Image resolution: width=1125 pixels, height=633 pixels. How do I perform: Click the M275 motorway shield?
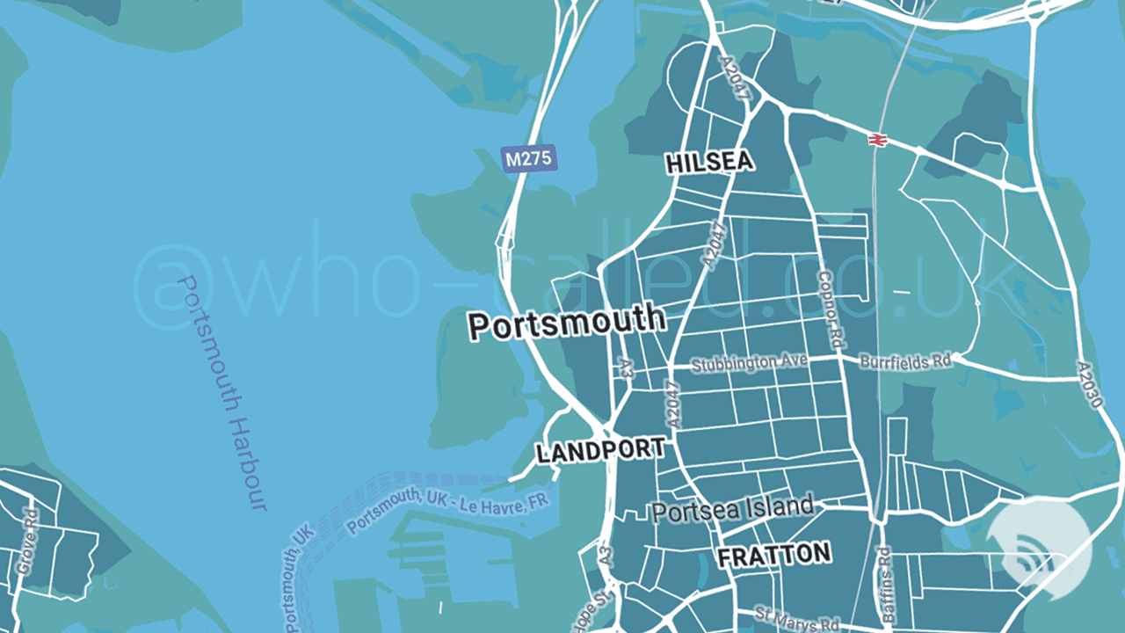pos(529,158)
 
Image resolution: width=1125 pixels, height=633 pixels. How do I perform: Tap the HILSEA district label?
pos(709,163)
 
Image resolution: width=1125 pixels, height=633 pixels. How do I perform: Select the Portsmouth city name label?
pos(566,323)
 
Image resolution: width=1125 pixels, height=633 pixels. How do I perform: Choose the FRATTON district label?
pos(773,555)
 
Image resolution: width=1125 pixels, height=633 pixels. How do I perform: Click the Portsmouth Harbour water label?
pos(221,393)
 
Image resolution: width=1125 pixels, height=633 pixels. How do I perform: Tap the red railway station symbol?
pos(876,140)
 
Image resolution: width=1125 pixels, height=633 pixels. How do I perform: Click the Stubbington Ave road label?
pos(749,362)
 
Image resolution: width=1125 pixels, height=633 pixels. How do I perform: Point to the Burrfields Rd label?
pos(906,360)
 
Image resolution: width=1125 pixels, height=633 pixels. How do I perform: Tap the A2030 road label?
pos(1089,384)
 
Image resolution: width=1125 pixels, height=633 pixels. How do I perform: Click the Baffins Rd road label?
pos(886,586)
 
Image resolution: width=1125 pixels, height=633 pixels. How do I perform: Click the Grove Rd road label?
pos(27,542)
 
